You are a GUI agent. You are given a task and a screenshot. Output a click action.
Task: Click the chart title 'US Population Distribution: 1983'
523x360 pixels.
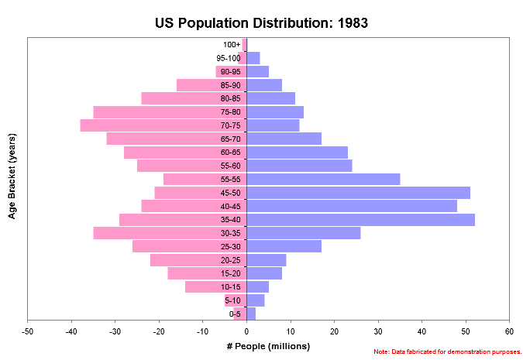261,22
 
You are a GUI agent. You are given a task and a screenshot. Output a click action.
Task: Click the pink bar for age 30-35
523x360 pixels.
155,233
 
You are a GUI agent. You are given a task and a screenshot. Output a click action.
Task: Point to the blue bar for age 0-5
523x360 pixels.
251,314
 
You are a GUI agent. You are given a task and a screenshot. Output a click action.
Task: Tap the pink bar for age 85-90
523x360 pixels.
194,85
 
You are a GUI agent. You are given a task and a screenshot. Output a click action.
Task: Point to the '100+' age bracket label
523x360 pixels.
232,45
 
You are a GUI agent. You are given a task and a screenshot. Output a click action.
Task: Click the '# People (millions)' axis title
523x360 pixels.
268,345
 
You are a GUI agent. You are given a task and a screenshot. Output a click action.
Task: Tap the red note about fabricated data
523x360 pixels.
447,352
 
